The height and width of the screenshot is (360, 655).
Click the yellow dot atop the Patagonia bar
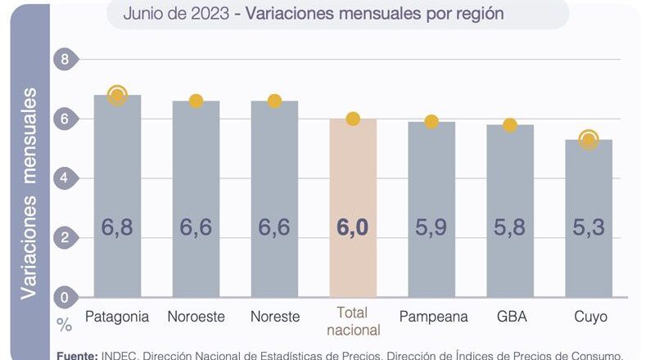point(117,96)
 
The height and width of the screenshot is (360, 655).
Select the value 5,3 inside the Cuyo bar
point(588,227)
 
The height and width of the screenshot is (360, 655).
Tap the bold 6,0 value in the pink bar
point(352,227)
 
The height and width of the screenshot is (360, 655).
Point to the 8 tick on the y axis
point(65,59)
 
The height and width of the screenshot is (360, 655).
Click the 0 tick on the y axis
point(65,297)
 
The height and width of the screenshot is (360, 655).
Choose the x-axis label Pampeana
point(431,317)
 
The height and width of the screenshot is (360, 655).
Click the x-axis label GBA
point(510,317)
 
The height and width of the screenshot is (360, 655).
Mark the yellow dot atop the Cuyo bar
point(588,140)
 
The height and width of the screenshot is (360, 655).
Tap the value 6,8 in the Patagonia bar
point(117,227)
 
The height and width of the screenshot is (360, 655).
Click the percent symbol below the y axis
point(65,325)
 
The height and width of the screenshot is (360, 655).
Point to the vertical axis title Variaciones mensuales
point(29,193)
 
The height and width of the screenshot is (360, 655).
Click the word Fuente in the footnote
point(76,354)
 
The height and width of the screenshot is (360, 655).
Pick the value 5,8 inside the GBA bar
point(509,227)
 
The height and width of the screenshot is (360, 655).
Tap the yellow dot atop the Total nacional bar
point(353,119)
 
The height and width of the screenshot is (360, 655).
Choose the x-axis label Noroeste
point(196,317)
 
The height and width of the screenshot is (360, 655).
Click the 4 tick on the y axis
point(65,178)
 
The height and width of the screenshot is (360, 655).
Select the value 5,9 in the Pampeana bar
point(431,227)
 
